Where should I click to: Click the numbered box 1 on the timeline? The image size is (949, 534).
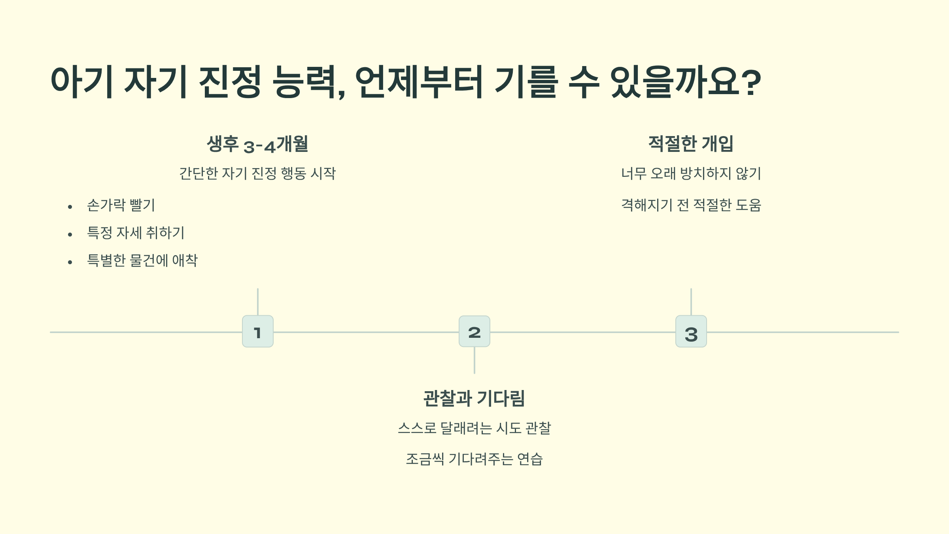pyautogui.click(x=257, y=331)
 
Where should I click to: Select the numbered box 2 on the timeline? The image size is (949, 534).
pyautogui.click(x=474, y=331)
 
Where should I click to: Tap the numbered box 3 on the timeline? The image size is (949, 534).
pyautogui.click(x=691, y=331)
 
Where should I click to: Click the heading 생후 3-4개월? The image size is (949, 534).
pyautogui.click(x=257, y=144)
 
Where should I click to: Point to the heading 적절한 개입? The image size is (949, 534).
pyautogui.click(x=691, y=144)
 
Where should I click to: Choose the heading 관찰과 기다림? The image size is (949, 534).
pyautogui.click(x=474, y=398)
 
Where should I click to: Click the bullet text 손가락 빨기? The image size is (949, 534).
pyautogui.click(x=121, y=205)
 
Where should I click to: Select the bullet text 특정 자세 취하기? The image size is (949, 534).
pyautogui.click(x=136, y=233)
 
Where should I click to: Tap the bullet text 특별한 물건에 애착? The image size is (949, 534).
pyautogui.click(x=142, y=261)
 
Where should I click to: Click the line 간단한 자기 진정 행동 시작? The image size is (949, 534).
pyautogui.click(x=257, y=174)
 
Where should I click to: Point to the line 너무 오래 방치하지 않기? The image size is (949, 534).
pyautogui.click(x=691, y=174)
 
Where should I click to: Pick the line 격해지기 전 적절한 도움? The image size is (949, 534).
pyautogui.click(x=691, y=205)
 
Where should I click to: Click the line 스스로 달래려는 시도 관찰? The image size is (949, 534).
pyautogui.click(x=474, y=428)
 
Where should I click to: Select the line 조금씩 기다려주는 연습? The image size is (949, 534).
pyautogui.click(x=474, y=459)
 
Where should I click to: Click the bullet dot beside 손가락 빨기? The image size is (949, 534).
pyautogui.click(x=70, y=207)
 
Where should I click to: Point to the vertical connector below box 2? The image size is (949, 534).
pyautogui.click(x=474, y=360)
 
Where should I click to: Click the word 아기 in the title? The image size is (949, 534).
pyautogui.click(x=82, y=82)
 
